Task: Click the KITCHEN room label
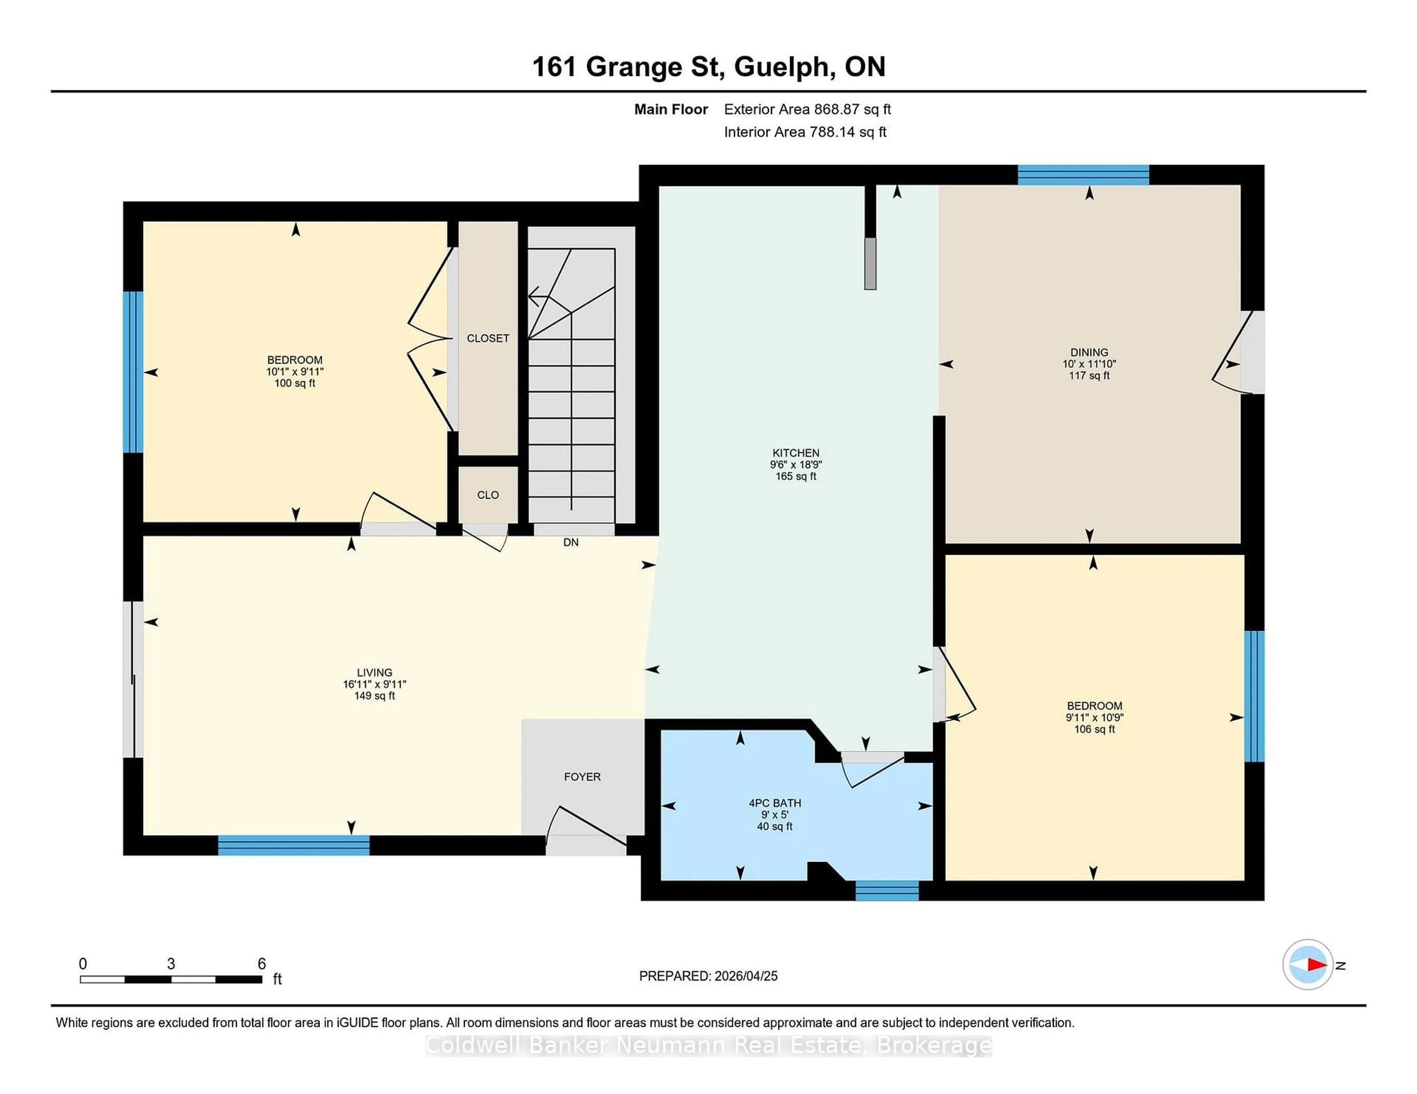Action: point(796,453)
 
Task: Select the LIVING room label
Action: point(375,672)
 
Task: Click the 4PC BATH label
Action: point(775,803)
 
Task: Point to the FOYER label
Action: point(582,776)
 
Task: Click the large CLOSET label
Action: point(488,338)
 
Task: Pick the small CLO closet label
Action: point(488,495)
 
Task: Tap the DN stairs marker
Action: point(570,542)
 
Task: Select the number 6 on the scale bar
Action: point(262,964)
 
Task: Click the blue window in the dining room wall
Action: point(1083,175)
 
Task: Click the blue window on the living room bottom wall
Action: point(293,845)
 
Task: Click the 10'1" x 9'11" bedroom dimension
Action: point(294,371)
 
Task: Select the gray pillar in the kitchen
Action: point(870,263)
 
